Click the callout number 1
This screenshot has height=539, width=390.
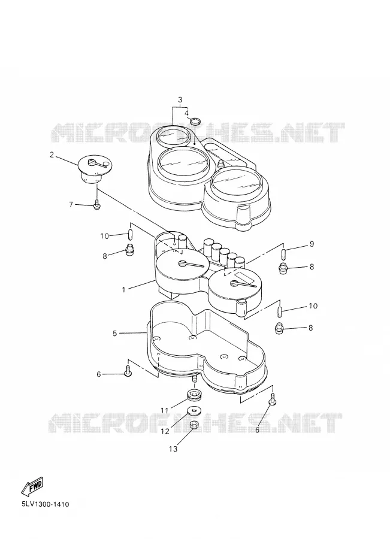pyautogui.click(x=124, y=290)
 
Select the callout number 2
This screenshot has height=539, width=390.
pyautogui.click(x=52, y=155)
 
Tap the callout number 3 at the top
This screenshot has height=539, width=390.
pyautogui.click(x=180, y=100)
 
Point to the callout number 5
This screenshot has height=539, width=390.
pyautogui.click(x=115, y=333)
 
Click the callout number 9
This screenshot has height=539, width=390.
pyautogui.click(x=312, y=244)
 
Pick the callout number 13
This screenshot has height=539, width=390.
pyautogui.click(x=173, y=449)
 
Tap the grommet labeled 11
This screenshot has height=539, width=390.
pyautogui.click(x=194, y=395)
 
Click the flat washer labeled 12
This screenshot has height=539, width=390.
pyautogui.click(x=195, y=410)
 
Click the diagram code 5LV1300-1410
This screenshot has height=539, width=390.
pyautogui.click(x=45, y=504)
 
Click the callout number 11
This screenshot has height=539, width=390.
pyautogui.click(x=164, y=410)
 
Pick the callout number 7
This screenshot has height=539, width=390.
pyautogui.click(x=71, y=205)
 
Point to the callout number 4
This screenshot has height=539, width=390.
pyautogui.click(x=186, y=113)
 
